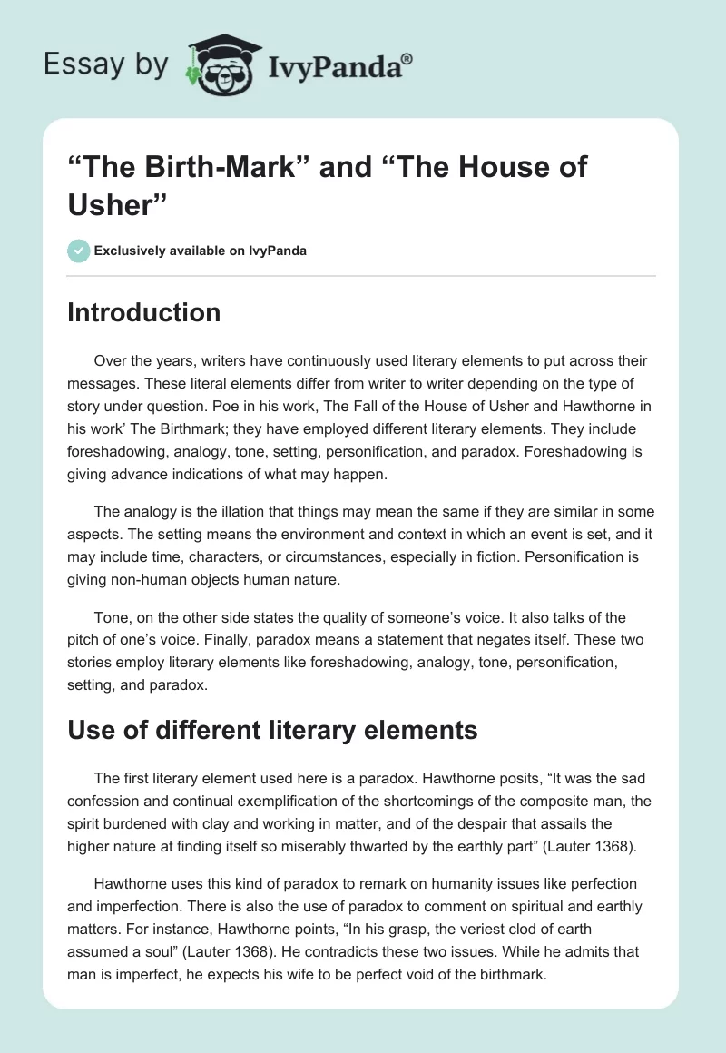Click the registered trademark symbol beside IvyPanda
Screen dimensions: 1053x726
tap(407, 58)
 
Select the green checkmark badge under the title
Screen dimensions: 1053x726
tap(78, 251)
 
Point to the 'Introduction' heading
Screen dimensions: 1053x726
tap(144, 312)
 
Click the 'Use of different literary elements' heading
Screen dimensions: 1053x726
tap(272, 729)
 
